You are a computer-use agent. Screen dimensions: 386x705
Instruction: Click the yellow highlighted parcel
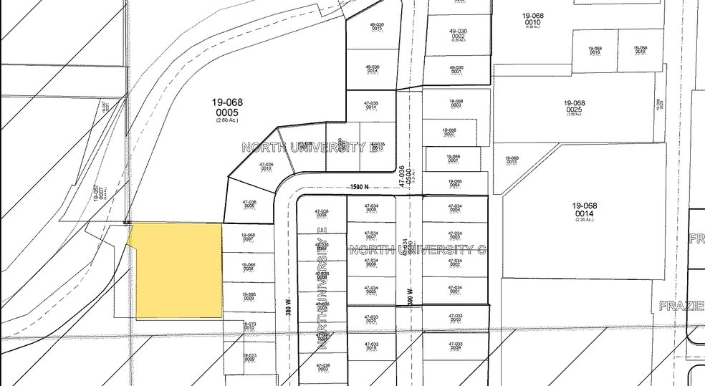point(178,271)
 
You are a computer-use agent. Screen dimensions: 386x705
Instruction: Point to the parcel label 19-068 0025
point(574,107)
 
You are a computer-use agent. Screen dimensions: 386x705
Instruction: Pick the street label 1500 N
point(359,188)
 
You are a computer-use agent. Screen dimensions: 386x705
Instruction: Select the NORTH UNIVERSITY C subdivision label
point(418,250)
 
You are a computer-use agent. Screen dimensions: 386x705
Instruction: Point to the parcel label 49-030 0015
point(377,27)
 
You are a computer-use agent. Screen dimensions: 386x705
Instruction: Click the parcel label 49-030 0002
point(458,34)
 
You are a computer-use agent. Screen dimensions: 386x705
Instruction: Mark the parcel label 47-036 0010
point(266,167)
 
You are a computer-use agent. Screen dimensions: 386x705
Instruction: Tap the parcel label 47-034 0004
point(454,208)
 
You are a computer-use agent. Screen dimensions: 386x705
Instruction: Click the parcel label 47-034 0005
point(370,289)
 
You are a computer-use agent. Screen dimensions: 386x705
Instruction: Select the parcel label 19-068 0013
point(511,160)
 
